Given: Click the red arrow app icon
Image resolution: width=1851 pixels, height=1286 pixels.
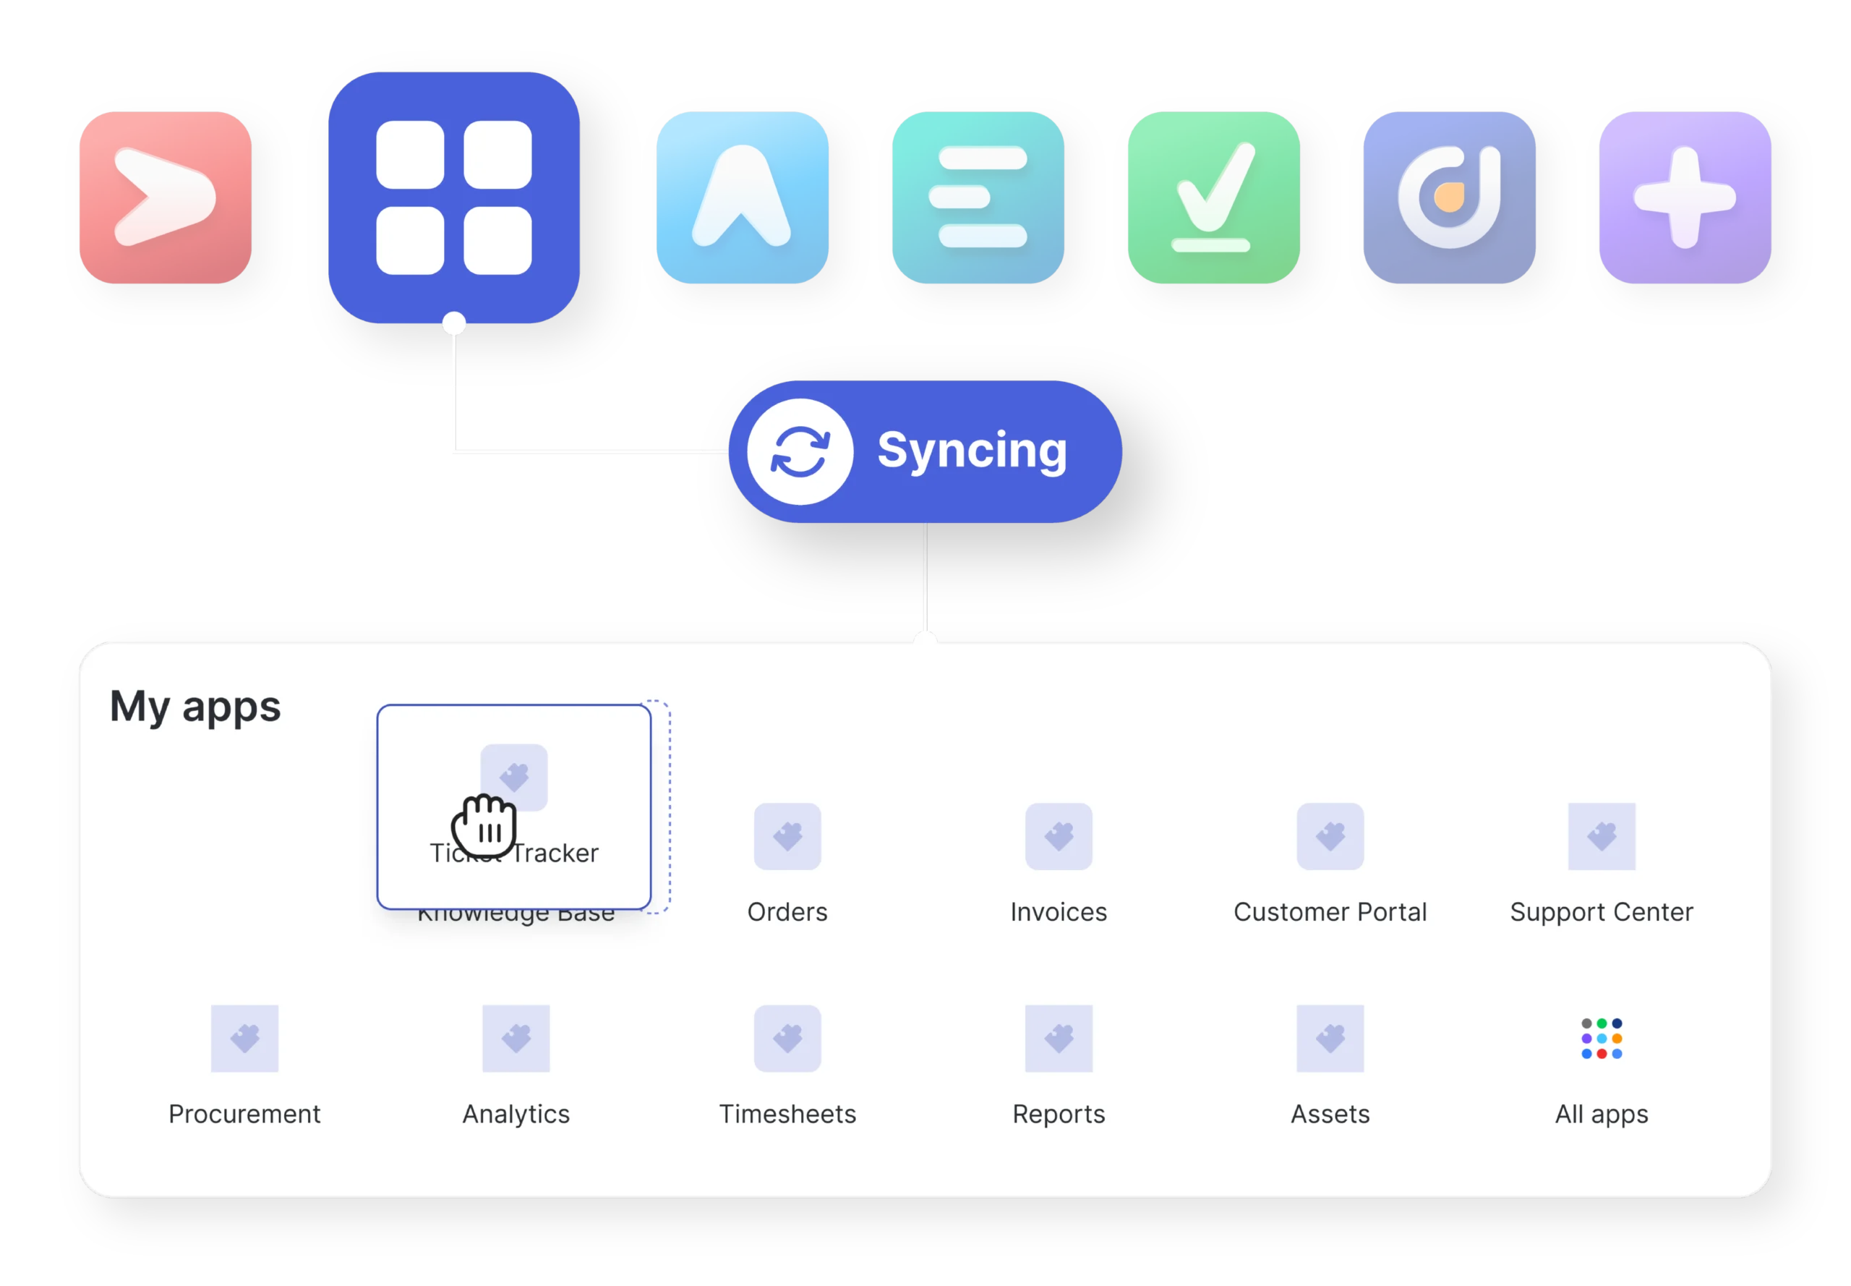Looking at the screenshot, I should click(165, 197).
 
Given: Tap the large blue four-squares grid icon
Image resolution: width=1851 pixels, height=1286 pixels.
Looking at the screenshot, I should click(453, 197).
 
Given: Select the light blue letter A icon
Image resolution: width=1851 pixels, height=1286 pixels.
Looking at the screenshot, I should click(742, 197).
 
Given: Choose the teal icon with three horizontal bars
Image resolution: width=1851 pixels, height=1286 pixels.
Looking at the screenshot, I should click(978, 197).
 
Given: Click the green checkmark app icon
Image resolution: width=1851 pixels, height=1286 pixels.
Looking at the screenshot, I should click(1213, 197).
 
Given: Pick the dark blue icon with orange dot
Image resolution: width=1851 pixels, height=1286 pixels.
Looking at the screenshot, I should click(1449, 197).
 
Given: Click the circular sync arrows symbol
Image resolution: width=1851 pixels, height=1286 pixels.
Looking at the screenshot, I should click(800, 451).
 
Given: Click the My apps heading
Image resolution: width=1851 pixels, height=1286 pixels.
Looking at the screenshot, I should click(195, 707).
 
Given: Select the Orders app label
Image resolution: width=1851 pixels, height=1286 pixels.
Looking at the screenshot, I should click(787, 911).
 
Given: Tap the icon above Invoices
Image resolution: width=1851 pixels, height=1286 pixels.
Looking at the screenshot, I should click(1059, 836).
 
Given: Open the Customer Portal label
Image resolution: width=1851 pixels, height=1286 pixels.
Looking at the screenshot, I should click(1330, 911).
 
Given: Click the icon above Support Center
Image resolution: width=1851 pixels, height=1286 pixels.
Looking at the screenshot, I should click(1602, 836).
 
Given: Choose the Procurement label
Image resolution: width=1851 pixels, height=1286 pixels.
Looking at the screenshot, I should click(244, 1114).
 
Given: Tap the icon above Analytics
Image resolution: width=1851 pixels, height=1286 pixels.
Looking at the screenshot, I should click(516, 1038).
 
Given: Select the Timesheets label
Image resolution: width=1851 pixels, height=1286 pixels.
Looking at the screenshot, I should click(787, 1114).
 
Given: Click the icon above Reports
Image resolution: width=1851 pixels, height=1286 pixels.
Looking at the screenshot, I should click(1059, 1038).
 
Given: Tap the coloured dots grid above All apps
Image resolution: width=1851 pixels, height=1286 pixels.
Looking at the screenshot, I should click(1602, 1038).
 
